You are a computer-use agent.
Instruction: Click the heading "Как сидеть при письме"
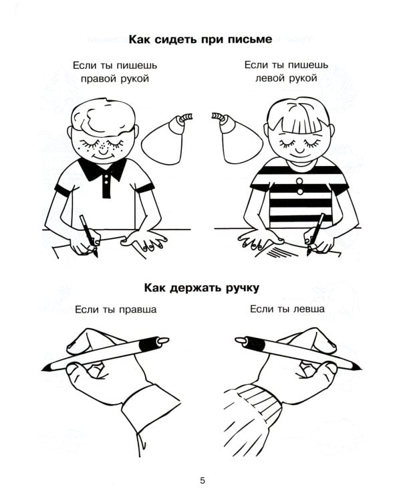[200, 39]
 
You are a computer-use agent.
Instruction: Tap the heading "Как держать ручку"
[200, 288]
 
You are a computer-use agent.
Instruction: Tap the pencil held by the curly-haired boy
[88, 234]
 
